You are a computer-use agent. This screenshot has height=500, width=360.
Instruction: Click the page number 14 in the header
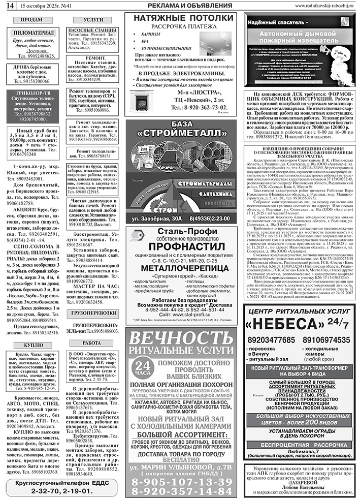(9, 5)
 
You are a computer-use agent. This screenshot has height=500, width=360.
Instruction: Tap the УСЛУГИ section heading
(92, 19)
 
